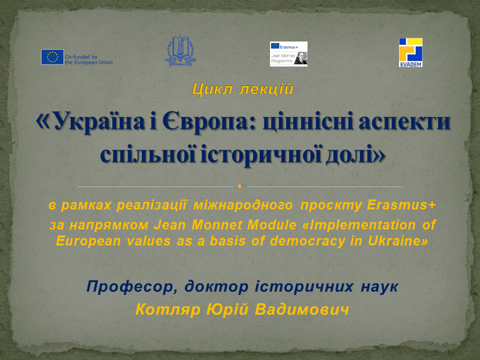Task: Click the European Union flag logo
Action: point(52,57)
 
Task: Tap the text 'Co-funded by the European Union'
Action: point(89,59)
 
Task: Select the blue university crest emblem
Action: point(180,51)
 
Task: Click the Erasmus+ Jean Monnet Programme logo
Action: point(288,54)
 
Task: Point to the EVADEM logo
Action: point(410,52)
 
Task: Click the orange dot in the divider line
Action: point(239,186)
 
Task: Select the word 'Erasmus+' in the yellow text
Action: point(401,205)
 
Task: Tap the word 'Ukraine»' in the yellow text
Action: point(398,241)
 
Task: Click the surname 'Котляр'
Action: point(168,309)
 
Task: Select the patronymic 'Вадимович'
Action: point(302,309)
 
